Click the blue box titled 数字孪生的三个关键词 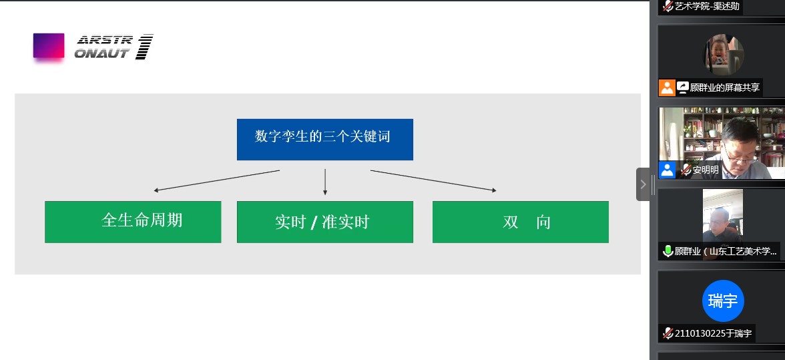(324, 139)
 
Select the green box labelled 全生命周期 (133, 222)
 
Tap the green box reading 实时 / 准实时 (324, 222)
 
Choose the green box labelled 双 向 (520, 222)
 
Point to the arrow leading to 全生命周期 (216, 180)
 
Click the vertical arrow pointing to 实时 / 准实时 (325, 182)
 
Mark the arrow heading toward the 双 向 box (433, 180)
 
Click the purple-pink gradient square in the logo (49, 45)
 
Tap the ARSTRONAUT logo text (113, 47)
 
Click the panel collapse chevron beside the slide (643, 184)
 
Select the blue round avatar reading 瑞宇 (723, 301)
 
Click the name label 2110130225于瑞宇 (713, 333)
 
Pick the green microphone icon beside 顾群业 (668, 251)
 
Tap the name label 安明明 (706, 170)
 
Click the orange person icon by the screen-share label (667, 87)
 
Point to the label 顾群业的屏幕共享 (724, 87)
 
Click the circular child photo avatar (723, 54)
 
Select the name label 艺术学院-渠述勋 (707, 7)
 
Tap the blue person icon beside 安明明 (667, 170)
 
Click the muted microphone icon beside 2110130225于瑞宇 (668, 333)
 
